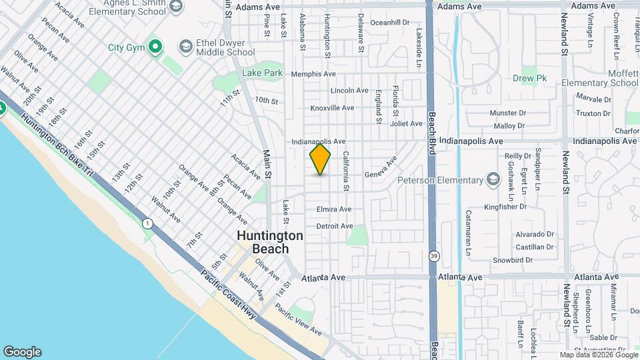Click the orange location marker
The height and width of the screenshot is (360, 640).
pyautogui.click(x=320, y=159)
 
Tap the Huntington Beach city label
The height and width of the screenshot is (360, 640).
pyautogui.click(x=271, y=242)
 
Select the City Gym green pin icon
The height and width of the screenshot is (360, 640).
pyautogui.click(x=155, y=47)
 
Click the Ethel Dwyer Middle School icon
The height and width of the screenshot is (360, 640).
pyautogui.click(x=185, y=46)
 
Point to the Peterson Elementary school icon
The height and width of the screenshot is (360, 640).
pyautogui.click(x=493, y=179)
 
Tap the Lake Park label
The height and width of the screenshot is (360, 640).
pyautogui.click(x=262, y=73)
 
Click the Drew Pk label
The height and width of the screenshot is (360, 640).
pyautogui.click(x=530, y=78)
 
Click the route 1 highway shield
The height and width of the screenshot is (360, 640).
pyautogui.click(x=146, y=223)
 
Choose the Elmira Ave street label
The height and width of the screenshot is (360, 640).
pyautogui.click(x=334, y=209)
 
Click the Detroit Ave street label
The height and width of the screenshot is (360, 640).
pyautogui.click(x=335, y=226)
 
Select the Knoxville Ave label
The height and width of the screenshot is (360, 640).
pyautogui.click(x=332, y=107)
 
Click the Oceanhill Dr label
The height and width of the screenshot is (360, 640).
pyautogui.click(x=389, y=22)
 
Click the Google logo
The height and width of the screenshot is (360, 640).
pyautogui.click(x=22, y=352)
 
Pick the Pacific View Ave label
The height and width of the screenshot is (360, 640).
pyautogui.click(x=298, y=321)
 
